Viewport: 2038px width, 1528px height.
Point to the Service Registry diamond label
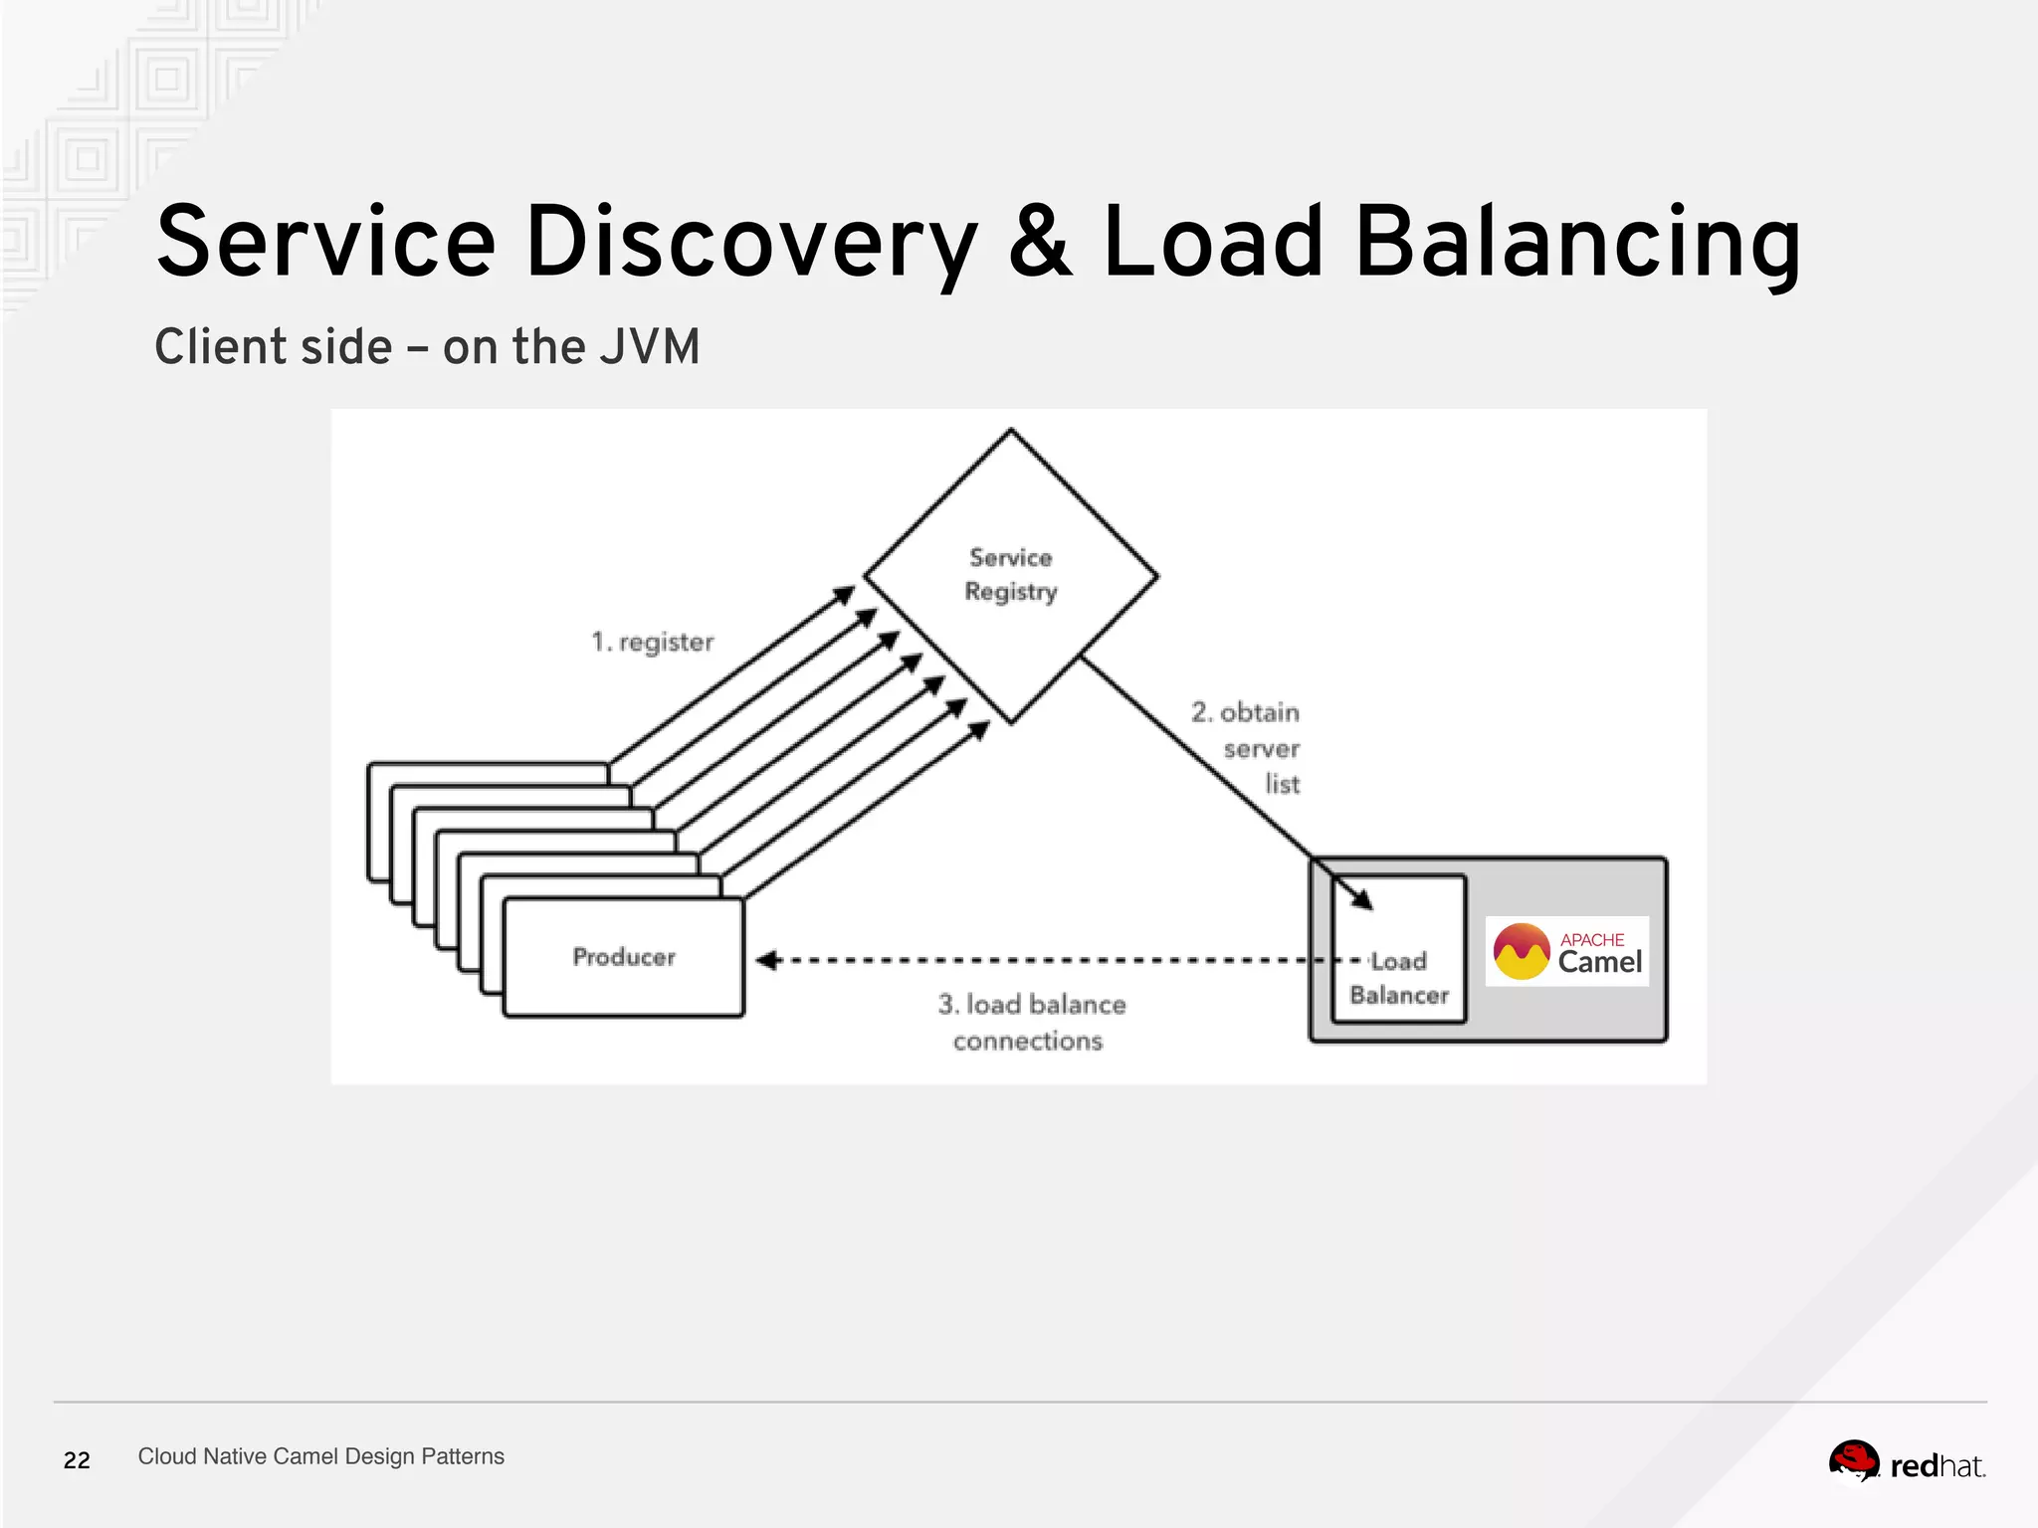tap(1011, 575)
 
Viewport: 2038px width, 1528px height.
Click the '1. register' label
tap(653, 642)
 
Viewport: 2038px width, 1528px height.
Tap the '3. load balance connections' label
tap(1031, 1022)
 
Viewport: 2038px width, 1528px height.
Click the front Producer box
tap(624, 957)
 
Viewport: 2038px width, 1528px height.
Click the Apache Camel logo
tap(1567, 952)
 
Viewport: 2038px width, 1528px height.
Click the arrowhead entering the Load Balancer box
tap(1363, 899)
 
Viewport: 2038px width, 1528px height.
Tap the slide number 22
tap(77, 1460)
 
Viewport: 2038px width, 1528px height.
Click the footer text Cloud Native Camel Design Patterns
tap(320, 1456)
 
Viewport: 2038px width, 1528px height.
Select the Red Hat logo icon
tap(1854, 1462)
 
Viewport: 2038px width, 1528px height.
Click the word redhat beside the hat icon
tap(1936, 1466)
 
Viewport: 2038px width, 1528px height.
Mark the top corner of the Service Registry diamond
tap(1011, 431)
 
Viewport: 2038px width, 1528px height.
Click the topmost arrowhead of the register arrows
tap(845, 595)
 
